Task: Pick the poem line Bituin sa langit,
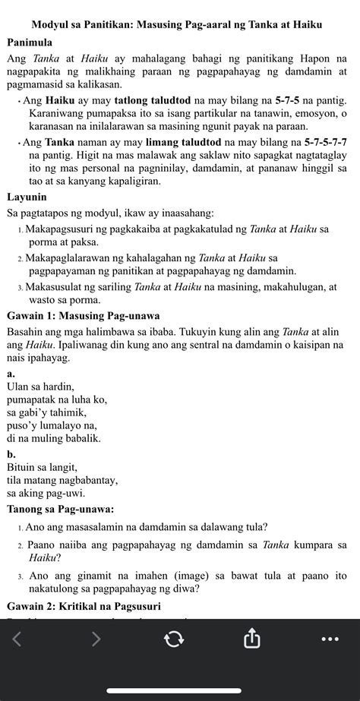click(42, 467)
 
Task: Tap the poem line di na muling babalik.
click(53, 438)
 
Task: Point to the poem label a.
click(10, 374)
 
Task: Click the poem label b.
click(11, 454)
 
